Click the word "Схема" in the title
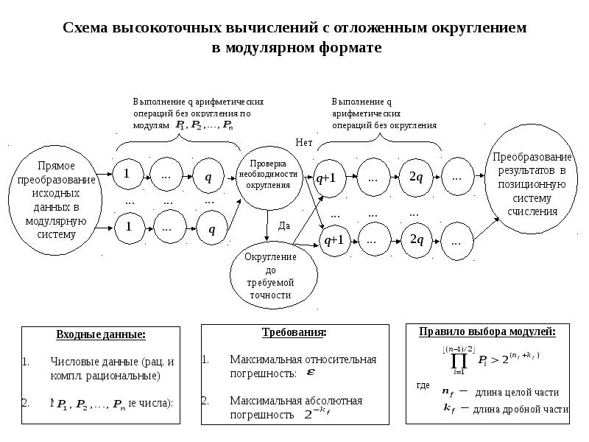pyautogui.click(x=85, y=29)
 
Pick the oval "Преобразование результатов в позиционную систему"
pyautogui.click(x=532, y=185)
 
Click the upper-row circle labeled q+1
pyautogui.click(x=325, y=178)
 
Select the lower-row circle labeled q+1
pyautogui.click(x=335, y=240)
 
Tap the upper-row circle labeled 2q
pyautogui.click(x=416, y=178)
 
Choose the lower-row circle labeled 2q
pyautogui.click(x=416, y=240)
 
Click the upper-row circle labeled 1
pyautogui.click(x=127, y=175)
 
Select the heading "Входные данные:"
pyautogui.click(x=101, y=335)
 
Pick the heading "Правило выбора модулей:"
pyautogui.click(x=488, y=331)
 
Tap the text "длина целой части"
pyautogui.click(x=518, y=392)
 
